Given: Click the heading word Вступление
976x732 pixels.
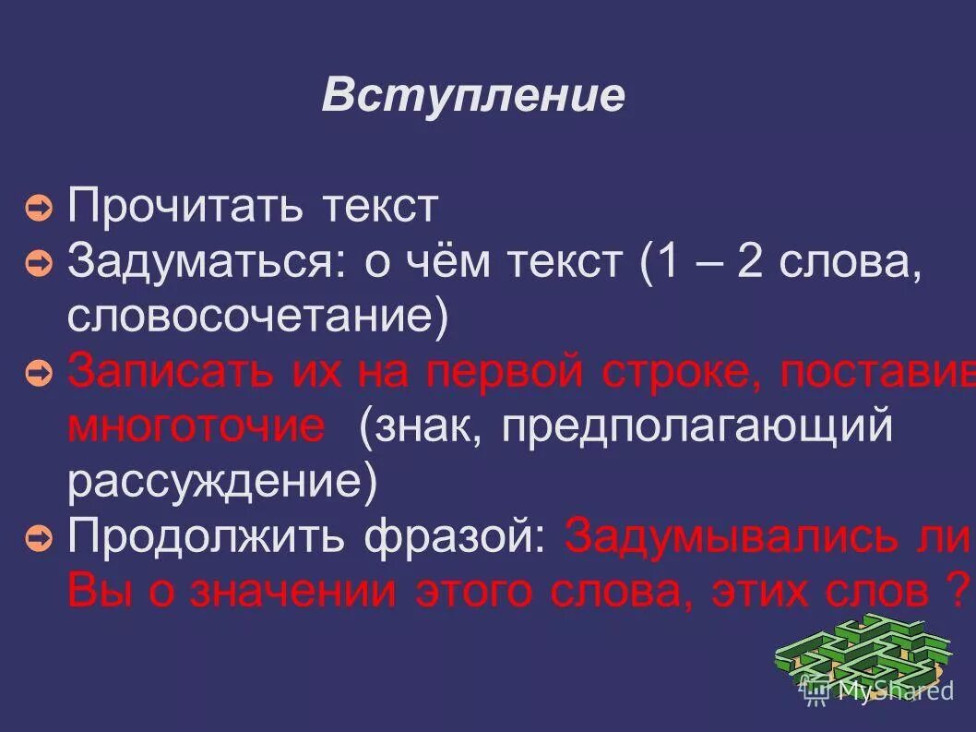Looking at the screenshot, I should click(x=473, y=96).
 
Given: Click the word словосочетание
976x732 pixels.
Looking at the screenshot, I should click(x=257, y=317).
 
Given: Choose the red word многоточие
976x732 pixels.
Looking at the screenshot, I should click(x=196, y=427).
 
